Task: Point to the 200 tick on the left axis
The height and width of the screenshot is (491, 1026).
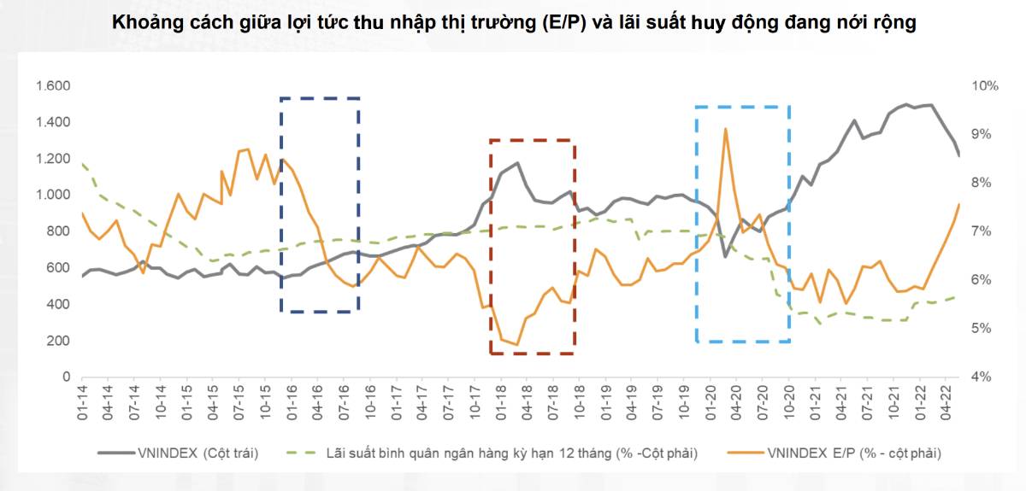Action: [x=57, y=341]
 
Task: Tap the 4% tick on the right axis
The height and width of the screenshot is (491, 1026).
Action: [x=982, y=377]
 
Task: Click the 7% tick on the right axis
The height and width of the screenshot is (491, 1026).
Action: [x=982, y=231]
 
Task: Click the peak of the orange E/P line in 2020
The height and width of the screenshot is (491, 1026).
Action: [x=725, y=129]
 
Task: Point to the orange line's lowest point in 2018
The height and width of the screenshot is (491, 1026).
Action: [x=517, y=345]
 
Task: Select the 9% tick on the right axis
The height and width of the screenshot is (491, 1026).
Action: [x=982, y=134]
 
